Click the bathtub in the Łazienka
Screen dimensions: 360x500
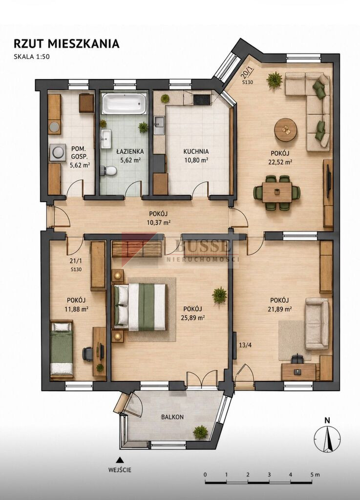(x=124, y=104)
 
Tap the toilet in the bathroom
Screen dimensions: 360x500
(x=108, y=171)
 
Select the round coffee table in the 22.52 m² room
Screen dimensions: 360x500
(x=286, y=130)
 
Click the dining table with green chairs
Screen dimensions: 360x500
(x=277, y=192)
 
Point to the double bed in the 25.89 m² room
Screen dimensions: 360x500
(x=140, y=307)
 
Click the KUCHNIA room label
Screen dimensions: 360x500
(x=196, y=152)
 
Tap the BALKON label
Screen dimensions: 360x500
(x=172, y=417)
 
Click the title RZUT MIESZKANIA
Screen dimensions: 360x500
(x=66, y=43)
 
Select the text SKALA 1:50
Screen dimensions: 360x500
(x=32, y=57)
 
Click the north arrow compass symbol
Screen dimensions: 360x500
(x=327, y=438)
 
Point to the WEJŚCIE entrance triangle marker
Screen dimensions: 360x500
(x=120, y=459)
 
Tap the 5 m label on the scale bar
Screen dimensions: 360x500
(x=315, y=475)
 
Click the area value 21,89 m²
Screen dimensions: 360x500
(x=281, y=309)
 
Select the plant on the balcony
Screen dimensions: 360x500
(x=200, y=432)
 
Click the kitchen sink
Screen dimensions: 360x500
(x=158, y=125)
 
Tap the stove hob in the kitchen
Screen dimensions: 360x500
(x=202, y=100)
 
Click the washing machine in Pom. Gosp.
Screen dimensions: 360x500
(x=58, y=152)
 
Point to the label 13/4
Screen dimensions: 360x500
(x=245, y=345)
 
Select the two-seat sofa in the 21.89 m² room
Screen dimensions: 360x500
(x=317, y=324)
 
